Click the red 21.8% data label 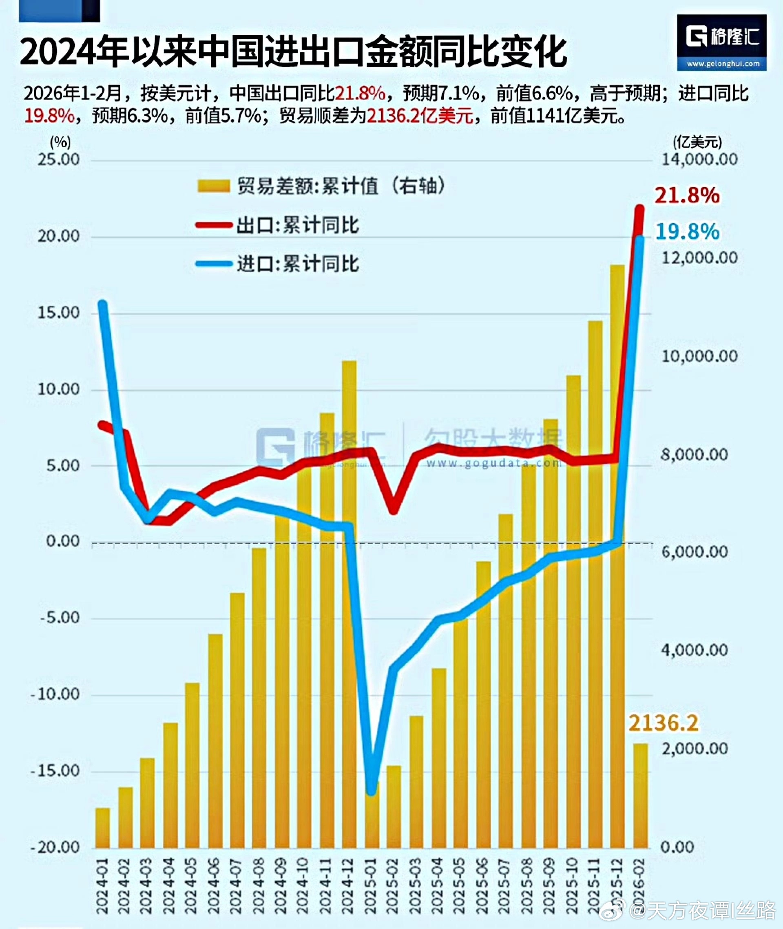(687, 196)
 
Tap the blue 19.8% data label (687, 231)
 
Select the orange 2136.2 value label (663, 723)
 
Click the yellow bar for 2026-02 (640, 795)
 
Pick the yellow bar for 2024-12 (349, 604)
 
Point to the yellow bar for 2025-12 (617, 556)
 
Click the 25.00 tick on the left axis (58, 160)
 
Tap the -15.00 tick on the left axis (55, 770)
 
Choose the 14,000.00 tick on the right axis (699, 160)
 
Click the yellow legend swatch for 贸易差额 (214, 186)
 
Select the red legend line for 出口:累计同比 (214, 225)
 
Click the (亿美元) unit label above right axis (697, 142)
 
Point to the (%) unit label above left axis (60, 142)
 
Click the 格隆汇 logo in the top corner (721, 42)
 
